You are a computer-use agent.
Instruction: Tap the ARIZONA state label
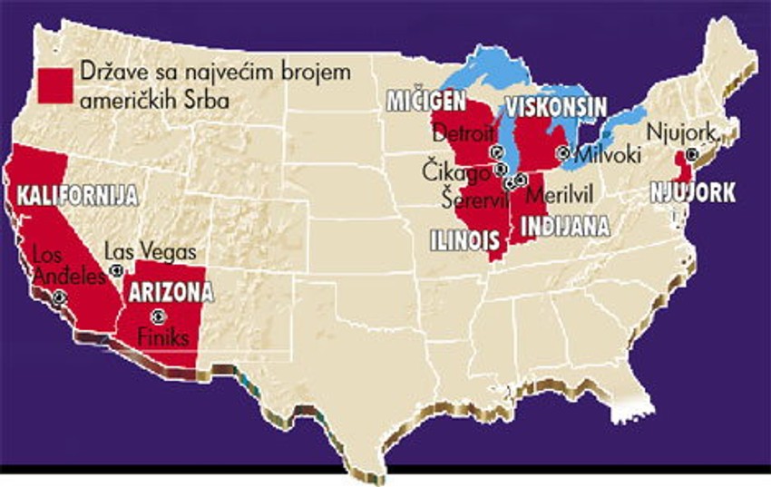(171, 292)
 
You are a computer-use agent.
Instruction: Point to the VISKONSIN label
(556, 108)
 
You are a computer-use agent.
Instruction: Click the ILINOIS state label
(465, 240)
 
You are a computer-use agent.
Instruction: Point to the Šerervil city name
(464, 194)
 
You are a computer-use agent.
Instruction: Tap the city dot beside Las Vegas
(115, 270)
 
